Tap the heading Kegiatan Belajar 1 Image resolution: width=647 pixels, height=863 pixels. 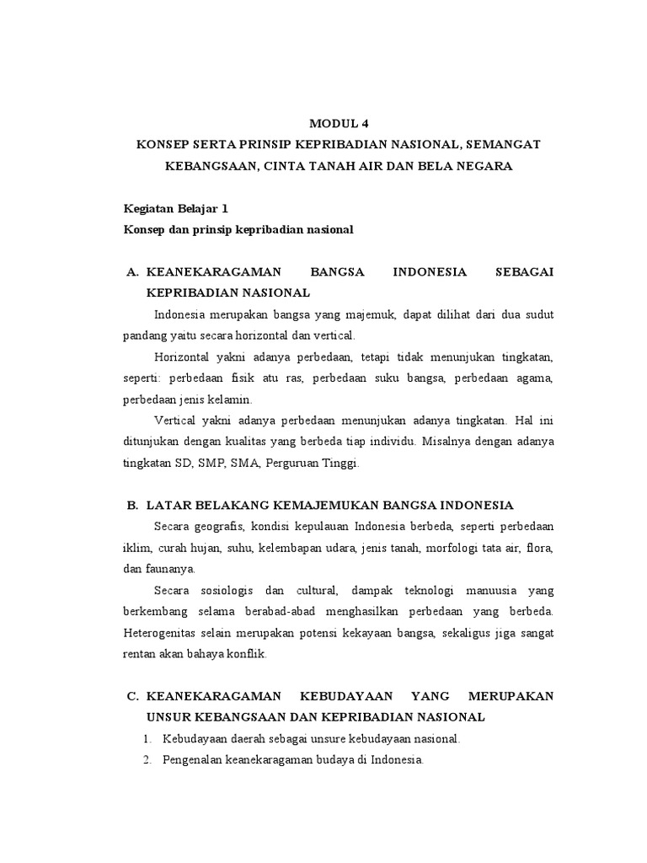coord(175,208)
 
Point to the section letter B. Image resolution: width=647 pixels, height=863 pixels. coord(131,506)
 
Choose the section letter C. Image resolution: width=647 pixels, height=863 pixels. coord(131,696)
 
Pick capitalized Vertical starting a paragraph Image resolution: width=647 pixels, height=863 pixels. coord(178,420)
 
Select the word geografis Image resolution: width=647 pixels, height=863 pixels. coord(218,527)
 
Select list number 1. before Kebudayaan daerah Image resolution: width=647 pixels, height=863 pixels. coord(147,739)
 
